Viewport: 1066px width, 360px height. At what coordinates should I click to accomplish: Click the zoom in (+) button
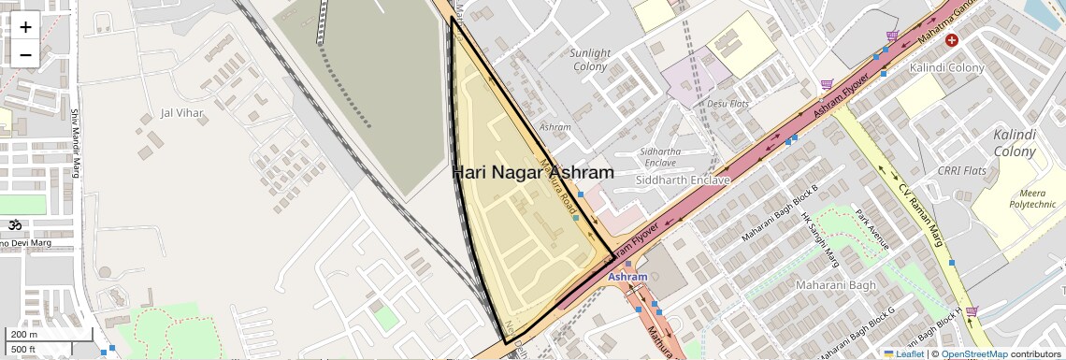click(25, 27)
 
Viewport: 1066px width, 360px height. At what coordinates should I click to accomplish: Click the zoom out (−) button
click(25, 54)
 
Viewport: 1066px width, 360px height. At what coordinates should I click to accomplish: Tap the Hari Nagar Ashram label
click(533, 172)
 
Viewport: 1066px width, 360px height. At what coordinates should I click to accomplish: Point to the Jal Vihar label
click(181, 113)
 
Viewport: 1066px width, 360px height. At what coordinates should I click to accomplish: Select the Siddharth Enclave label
click(682, 179)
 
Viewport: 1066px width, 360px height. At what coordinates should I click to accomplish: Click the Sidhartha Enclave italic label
click(660, 156)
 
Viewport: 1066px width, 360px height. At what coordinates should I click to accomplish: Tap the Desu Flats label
click(727, 103)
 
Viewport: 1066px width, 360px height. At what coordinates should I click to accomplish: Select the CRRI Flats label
click(961, 171)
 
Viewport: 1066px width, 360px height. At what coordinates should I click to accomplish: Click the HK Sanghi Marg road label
click(816, 238)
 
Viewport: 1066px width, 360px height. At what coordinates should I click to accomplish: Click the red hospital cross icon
click(952, 40)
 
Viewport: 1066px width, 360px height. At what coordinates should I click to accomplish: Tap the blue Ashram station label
click(627, 277)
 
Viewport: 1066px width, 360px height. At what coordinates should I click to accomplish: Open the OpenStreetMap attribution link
click(974, 353)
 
